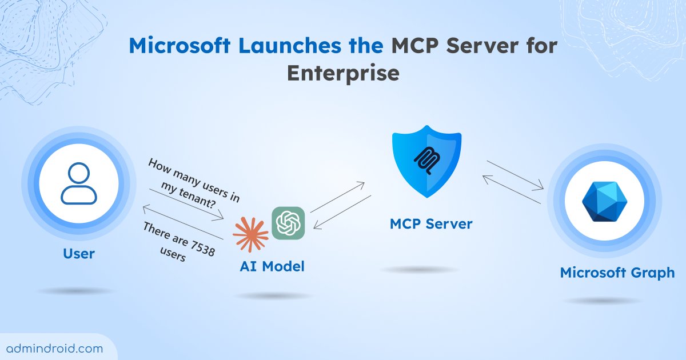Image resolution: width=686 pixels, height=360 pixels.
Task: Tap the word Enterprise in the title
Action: pos(342,74)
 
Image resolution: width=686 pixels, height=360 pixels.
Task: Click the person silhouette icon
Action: pos(79,183)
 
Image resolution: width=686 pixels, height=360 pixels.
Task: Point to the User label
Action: pos(79,253)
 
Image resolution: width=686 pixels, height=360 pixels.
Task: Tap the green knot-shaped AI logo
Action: pos(288,222)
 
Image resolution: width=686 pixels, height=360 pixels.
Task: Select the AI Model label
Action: pos(272,266)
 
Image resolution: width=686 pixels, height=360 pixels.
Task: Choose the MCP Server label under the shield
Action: pos(431,223)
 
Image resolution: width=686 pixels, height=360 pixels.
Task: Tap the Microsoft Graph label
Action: pos(617,273)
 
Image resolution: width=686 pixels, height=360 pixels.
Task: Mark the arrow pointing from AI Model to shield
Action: pos(337,197)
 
